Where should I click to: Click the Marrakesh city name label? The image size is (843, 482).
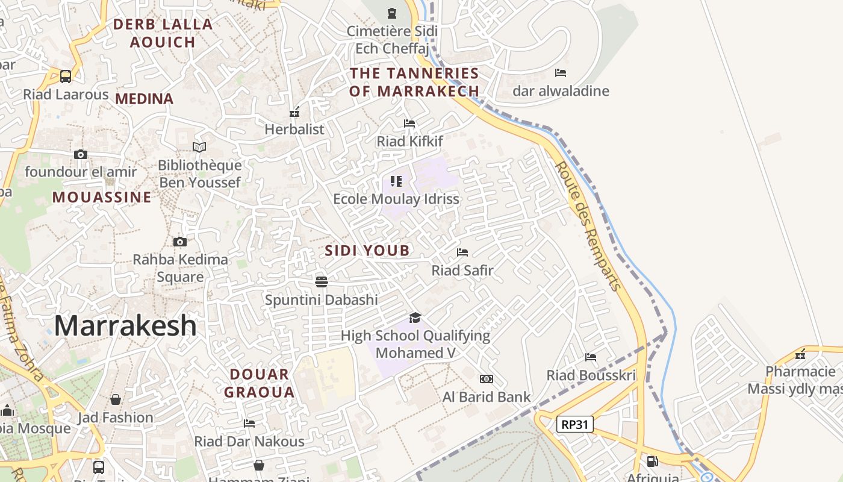(x=125, y=326)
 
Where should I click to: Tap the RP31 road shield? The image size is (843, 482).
(x=574, y=424)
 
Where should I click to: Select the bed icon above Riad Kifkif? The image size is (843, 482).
(x=409, y=124)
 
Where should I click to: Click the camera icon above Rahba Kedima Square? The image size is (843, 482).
(x=179, y=242)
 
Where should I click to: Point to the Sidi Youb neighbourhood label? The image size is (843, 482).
(x=367, y=251)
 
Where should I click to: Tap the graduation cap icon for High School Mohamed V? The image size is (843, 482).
(x=415, y=318)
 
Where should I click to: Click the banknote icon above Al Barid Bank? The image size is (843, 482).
(x=487, y=379)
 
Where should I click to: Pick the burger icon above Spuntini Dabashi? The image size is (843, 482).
(x=322, y=281)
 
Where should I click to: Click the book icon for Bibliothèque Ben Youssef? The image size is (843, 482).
(x=199, y=147)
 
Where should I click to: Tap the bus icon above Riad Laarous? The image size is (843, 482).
(x=66, y=77)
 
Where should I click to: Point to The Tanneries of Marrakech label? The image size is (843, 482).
(x=414, y=83)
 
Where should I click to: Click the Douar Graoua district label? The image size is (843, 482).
(x=260, y=383)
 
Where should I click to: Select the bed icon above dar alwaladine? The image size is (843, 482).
(x=561, y=73)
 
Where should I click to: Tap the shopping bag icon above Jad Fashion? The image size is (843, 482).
(x=116, y=399)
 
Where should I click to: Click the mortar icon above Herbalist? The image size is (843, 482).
(x=294, y=112)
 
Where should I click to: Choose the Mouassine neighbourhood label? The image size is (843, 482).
(x=102, y=198)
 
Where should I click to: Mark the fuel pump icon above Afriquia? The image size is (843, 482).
(x=652, y=462)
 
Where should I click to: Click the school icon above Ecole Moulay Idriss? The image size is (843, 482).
(x=396, y=181)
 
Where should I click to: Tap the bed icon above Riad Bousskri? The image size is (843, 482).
(x=591, y=357)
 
